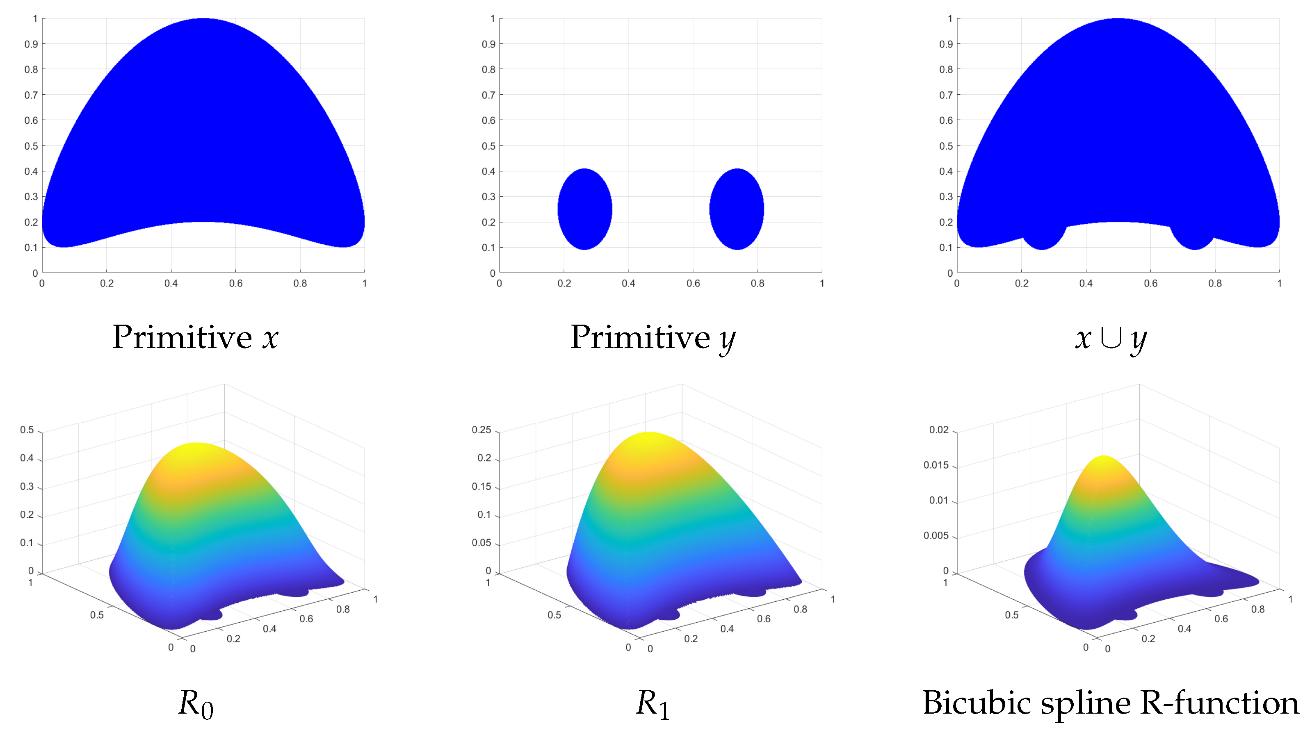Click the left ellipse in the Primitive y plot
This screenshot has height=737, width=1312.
coord(585,209)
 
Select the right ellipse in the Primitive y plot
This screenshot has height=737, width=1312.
coord(737,209)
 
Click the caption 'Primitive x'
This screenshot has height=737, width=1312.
coord(195,337)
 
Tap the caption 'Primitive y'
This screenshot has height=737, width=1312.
coord(653,337)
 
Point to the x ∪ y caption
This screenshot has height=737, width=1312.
coord(1110,338)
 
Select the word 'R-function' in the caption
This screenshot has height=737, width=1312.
coord(1219,703)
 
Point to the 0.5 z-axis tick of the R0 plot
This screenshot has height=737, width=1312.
coord(27,430)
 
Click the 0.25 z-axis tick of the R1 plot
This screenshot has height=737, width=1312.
coord(481,430)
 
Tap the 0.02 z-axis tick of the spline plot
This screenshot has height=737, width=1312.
coord(939,430)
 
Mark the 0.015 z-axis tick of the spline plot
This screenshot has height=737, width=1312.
coord(936,465)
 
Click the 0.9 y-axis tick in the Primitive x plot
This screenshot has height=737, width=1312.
coord(31,44)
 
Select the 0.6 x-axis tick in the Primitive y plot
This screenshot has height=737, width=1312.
coord(693,284)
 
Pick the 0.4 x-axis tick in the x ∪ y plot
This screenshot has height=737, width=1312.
coord(1086,284)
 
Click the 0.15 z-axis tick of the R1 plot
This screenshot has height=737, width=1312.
coord(481,487)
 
